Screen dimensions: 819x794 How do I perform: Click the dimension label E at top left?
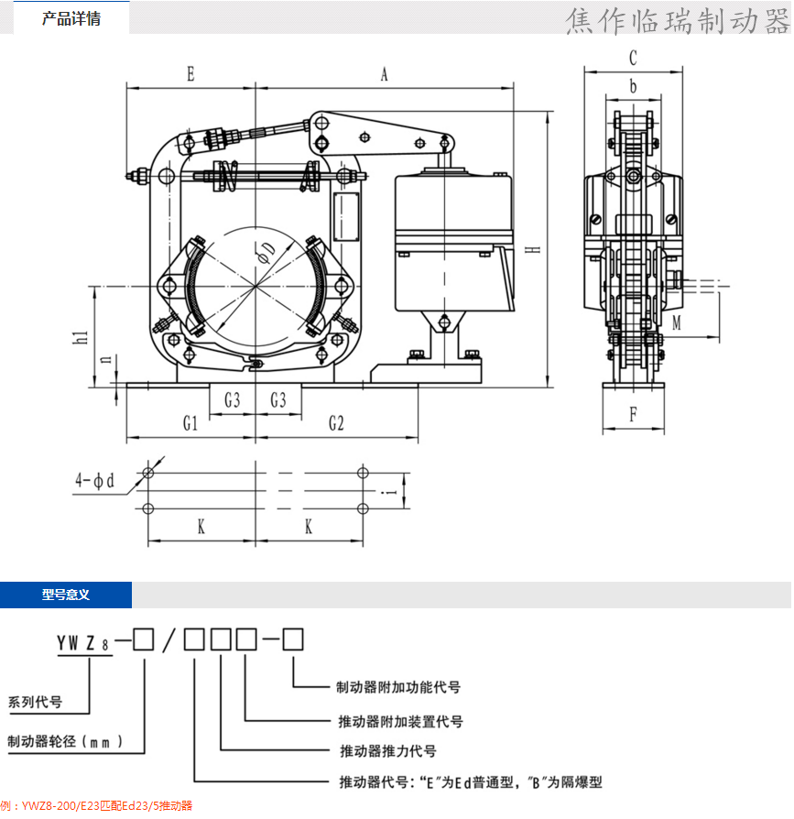[x=190, y=75]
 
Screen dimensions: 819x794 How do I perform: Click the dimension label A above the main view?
[x=384, y=75]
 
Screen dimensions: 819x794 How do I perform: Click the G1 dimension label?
[x=190, y=423]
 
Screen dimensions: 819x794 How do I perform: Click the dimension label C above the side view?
[x=633, y=58]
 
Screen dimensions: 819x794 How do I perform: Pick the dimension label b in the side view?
[x=633, y=88]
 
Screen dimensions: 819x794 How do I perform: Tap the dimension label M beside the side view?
[x=676, y=322]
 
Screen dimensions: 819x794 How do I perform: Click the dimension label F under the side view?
[x=633, y=414]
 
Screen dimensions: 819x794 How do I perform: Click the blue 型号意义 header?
[x=65, y=595]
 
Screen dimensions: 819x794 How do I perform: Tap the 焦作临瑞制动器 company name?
[x=676, y=20]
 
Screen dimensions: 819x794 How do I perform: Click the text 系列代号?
[x=35, y=704]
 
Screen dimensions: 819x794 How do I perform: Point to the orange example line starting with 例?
[x=96, y=806]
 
